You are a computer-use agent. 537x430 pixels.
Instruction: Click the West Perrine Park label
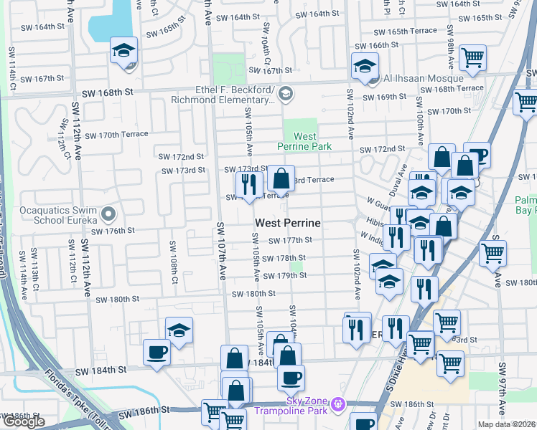tap(304, 140)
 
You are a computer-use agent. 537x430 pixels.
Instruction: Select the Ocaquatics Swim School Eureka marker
tap(108, 214)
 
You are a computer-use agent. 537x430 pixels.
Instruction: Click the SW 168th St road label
tap(108, 92)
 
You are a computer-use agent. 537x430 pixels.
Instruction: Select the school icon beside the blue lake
tap(123, 52)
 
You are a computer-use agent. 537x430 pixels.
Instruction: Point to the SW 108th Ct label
tap(173, 262)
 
